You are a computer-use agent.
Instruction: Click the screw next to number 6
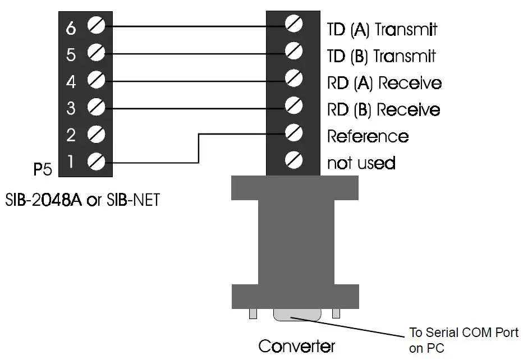pos(97,26)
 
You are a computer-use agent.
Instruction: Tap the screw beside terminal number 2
pos(97,135)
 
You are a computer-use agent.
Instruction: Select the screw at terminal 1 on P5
pos(97,162)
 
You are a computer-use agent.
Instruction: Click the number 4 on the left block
pos(71,82)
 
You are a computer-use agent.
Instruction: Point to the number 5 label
pos(71,55)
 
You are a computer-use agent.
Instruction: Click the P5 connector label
pos(43,169)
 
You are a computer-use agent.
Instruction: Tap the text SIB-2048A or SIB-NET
pos(82,199)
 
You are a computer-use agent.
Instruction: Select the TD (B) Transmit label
pos(381,56)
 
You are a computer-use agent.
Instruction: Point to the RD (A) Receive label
pos(384,83)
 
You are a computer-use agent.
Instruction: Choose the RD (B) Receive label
pos(383,109)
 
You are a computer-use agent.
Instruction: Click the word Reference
pos(368,136)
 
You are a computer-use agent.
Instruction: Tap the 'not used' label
pos(361,163)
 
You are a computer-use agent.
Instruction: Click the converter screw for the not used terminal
pos(293,160)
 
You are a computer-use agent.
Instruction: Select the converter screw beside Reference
pos(293,133)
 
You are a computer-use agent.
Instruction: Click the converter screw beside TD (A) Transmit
pos(293,24)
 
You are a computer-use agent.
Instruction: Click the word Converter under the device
pos(296,345)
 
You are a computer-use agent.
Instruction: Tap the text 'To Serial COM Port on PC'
pos(464,340)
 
